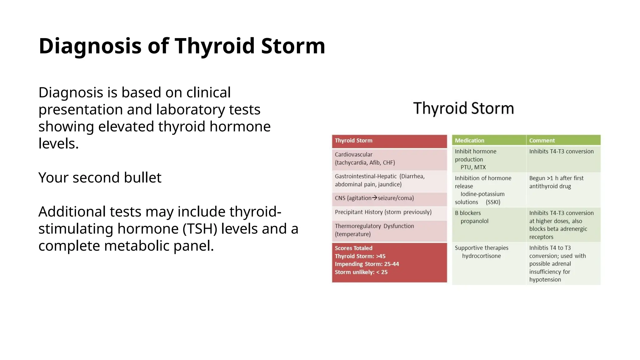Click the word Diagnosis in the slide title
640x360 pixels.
tap(90, 46)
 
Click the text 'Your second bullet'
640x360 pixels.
tap(100, 177)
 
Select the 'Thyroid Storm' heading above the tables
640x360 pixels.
tap(463, 108)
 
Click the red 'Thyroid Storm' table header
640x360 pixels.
tap(389, 141)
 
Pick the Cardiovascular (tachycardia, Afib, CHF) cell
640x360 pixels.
tap(389, 159)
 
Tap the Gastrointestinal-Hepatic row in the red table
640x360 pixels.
tap(389, 181)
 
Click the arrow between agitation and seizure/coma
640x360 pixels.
tap(374, 198)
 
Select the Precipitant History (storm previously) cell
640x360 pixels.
tap(383, 212)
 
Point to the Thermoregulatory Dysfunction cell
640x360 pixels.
tap(389, 230)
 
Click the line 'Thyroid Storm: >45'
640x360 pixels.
tap(360, 256)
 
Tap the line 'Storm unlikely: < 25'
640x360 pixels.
tap(361, 272)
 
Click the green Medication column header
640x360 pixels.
tap(469, 141)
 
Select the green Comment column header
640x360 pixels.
tap(542, 141)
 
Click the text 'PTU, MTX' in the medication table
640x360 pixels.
tap(473, 167)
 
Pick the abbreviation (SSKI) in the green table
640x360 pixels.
tap(493, 202)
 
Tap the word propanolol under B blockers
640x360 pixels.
tap(474, 221)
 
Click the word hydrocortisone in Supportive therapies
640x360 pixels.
tap(481, 256)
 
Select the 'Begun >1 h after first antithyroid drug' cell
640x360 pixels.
tap(556, 182)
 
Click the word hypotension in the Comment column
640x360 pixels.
tap(545, 280)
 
